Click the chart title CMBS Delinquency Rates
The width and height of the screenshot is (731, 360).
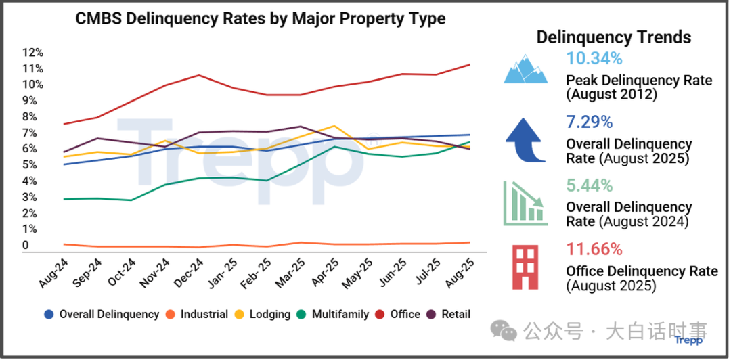tap(260, 18)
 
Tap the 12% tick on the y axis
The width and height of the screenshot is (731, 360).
tap(32, 52)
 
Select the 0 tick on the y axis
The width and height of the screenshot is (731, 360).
tap(26, 245)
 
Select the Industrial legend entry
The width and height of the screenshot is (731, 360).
tap(197, 314)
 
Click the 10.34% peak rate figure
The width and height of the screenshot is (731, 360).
tap(594, 58)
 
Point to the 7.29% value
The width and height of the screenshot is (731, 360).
tap(590, 122)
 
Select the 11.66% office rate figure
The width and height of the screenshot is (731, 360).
tap(594, 249)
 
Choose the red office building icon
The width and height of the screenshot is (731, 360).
tap(526, 267)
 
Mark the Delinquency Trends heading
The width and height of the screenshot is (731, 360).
tap(614, 37)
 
